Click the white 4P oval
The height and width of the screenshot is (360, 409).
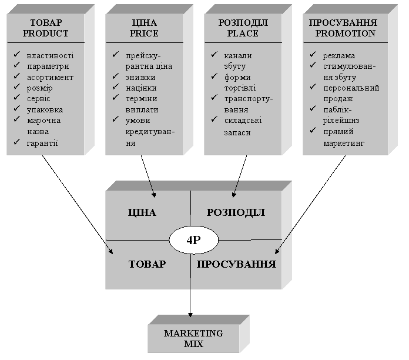pos(193,240)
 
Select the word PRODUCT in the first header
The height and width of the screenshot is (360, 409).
pos(46,34)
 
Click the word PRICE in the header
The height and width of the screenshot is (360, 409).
pos(144,34)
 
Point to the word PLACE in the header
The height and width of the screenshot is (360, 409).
pos(243,34)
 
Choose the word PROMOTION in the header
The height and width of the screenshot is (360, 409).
pos(345,34)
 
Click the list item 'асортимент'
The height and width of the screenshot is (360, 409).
pos(50,78)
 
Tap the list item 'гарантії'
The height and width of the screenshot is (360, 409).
pos(42,144)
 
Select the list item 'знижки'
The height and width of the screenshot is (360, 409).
pos(140,78)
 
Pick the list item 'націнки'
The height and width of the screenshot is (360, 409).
pos(141,88)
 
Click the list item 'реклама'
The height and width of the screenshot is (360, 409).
pos(339,56)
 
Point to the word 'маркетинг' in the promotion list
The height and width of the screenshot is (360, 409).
pos(344,144)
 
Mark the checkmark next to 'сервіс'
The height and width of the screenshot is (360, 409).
pos(17,97)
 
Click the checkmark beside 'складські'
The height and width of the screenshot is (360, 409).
pos(214,119)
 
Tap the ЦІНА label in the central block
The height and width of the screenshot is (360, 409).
pos(142,212)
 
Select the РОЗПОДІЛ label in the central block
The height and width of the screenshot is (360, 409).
pos(236,212)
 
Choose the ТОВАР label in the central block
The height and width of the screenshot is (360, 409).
pos(147,264)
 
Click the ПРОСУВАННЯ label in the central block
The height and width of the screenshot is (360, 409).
pos(236,264)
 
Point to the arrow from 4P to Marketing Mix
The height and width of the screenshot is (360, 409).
pos(190,285)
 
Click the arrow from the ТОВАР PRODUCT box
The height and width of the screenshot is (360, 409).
pos(78,204)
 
